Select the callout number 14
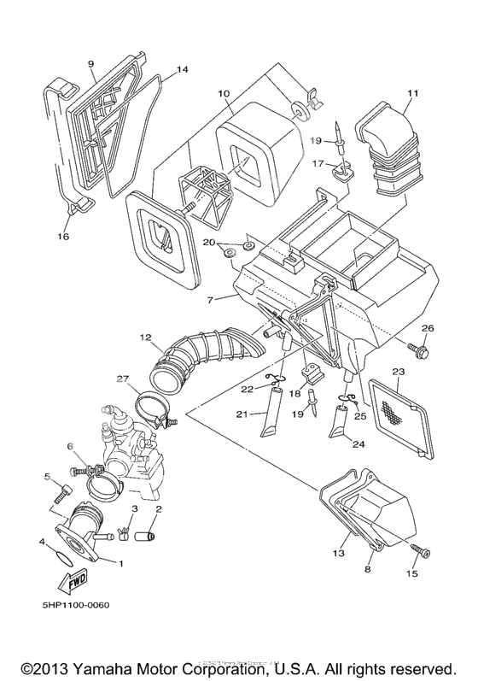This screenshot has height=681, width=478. (x=182, y=69)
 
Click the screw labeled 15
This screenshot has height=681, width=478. (x=421, y=552)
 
